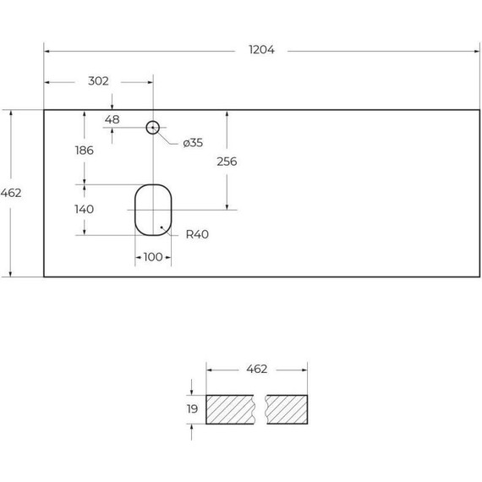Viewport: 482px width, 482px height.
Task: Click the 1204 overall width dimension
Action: click(261, 50)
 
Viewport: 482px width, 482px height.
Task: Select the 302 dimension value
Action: click(98, 81)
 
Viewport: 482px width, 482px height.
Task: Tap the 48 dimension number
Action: click(112, 119)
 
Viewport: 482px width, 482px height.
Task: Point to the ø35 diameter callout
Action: click(193, 143)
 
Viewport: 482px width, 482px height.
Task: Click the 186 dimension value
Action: click(85, 151)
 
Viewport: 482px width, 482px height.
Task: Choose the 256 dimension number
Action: click(227, 162)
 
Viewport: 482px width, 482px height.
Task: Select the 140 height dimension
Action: click(85, 210)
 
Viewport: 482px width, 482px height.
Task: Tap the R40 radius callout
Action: click(197, 234)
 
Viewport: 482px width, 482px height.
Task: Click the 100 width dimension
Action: click(153, 257)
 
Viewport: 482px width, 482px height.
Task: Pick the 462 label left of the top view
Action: click(11, 193)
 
